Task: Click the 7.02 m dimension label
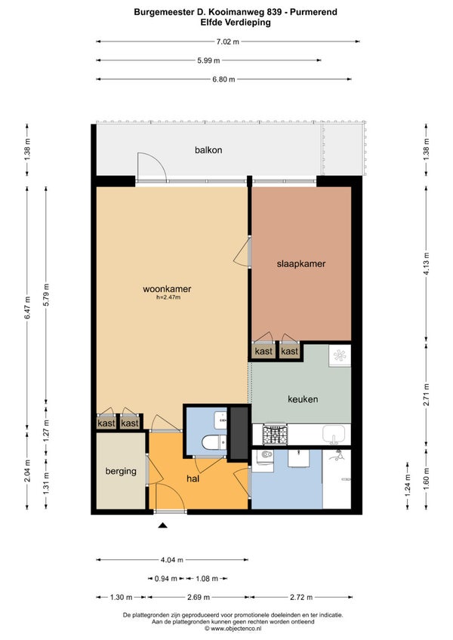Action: [x=228, y=42]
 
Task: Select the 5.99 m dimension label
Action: [x=208, y=60]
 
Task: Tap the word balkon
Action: [x=208, y=149]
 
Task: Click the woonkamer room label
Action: [x=167, y=289]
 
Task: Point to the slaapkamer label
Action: [x=301, y=263]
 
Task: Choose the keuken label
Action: [x=303, y=398]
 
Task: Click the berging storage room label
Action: [x=121, y=471]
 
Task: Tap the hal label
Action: [x=193, y=478]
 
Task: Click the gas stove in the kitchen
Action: [x=276, y=434]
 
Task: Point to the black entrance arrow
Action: [x=162, y=525]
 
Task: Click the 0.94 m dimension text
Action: [x=166, y=578]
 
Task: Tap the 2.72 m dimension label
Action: [x=301, y=597]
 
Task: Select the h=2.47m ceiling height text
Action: [x=168, y=297]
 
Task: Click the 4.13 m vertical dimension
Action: [x=426, y=264]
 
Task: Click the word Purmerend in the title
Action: [x=314, y=12]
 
